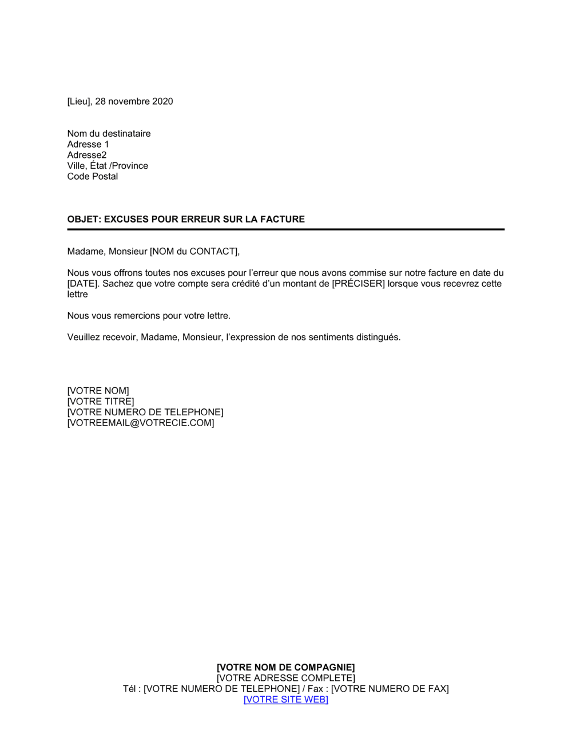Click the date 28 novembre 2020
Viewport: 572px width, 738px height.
[x=134, y=102]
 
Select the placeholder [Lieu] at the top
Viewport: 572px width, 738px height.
[x=78, y=102]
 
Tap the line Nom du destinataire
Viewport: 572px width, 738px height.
[x=109, y=134]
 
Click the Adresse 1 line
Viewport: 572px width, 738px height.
[x=88, y=145]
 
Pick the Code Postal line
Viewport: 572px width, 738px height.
[x=93, y=177]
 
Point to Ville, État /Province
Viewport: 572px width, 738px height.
[x=108, y=166]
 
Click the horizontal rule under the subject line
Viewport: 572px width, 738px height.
[x=285, y=229]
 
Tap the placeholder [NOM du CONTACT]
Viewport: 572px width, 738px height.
[x=193, y=252]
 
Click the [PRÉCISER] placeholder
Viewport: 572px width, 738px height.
[x=358, y=284]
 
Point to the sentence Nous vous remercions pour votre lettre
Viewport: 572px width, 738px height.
[x=149, y=316]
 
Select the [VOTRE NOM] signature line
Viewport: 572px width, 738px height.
[x=98, y=391]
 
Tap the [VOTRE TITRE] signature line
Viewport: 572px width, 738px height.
[x=101, y=402]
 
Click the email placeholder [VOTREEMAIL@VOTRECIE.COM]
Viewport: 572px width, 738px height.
[x=141, y=423]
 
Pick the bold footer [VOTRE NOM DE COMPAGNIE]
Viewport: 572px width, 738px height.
[x=285, y=668]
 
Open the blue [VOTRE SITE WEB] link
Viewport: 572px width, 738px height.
[x=285, y=700]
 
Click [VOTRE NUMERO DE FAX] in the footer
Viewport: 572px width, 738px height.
[x=390, y=689]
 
